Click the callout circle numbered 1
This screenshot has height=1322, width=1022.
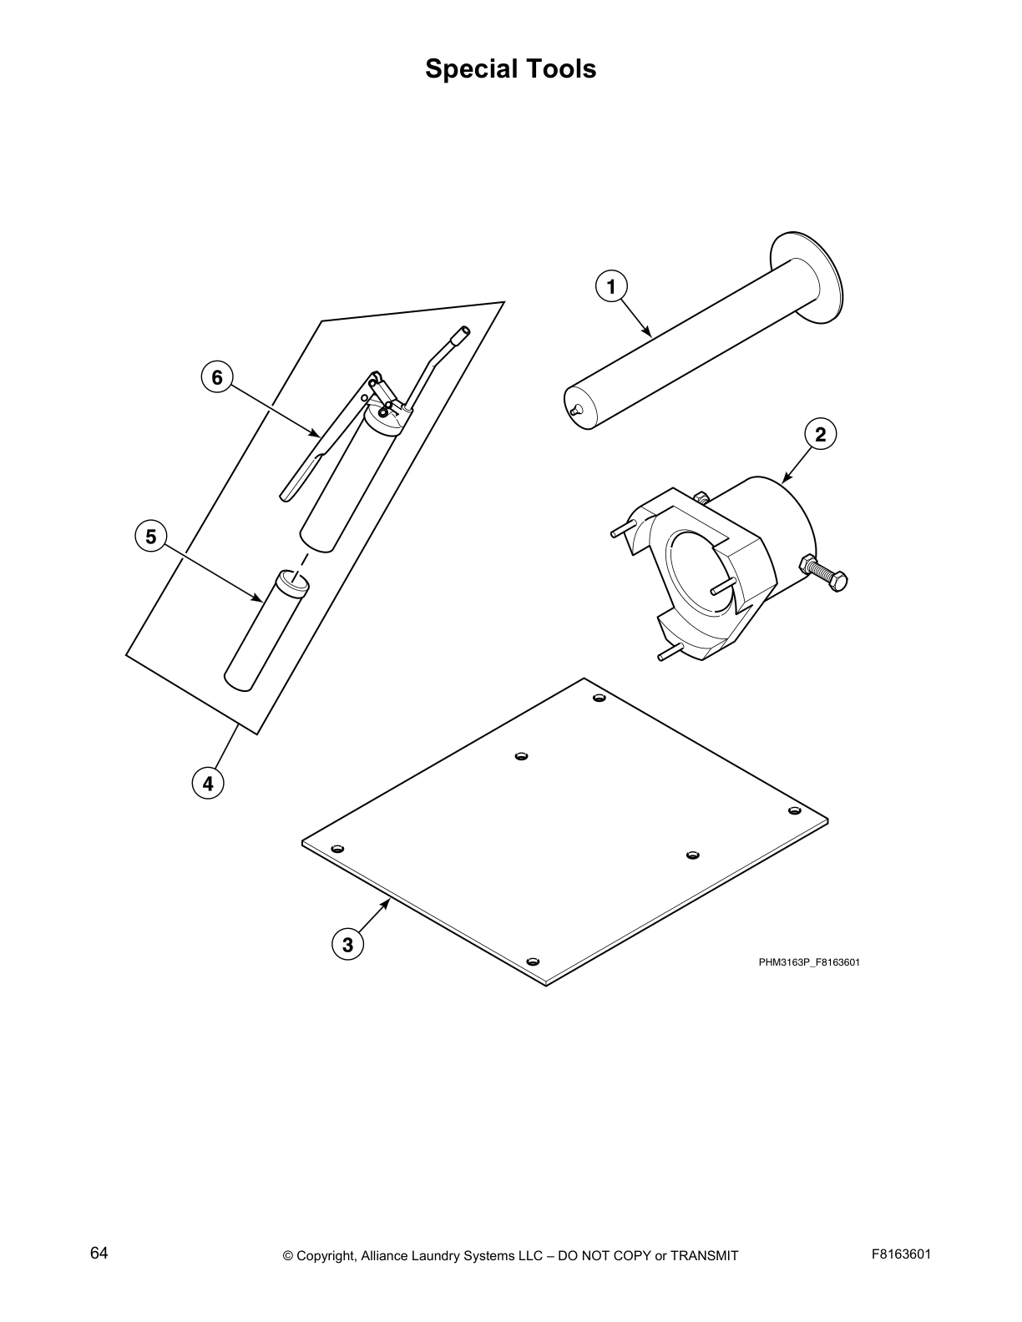click(611, 287)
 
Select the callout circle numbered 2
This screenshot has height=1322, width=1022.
click(820, 434)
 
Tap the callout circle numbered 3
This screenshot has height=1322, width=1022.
click(347, 945)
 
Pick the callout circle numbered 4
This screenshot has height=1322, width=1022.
click(208, 784)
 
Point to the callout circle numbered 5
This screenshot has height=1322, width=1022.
click(150, 536)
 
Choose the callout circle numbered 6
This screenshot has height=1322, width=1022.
click(217, 377)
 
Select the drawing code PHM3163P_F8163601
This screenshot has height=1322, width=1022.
click(809, 962)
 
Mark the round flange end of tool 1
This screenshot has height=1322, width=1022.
click(807, 277)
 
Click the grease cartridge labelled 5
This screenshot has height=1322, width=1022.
click(266, 630)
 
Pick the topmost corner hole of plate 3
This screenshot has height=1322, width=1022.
click(599, 698)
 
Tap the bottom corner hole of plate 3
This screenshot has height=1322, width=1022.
click(534, 961)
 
